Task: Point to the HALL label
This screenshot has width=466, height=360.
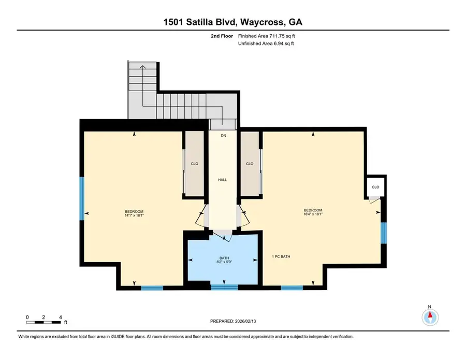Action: click(x=223, y=180)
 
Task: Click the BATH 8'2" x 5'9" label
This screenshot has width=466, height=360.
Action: click(x=224, y=260)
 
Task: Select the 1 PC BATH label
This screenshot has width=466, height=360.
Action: click(x=281, y=256)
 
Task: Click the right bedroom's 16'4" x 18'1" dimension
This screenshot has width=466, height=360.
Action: click(x=313, y=214)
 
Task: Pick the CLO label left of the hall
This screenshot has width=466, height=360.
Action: click(x=194, y=164)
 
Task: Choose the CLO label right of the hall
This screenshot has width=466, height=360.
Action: click(x=250, y=164)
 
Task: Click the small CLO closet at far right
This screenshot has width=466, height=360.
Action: click(x=375, y=187)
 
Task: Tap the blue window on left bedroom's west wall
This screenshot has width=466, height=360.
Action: click(x=81, y=198)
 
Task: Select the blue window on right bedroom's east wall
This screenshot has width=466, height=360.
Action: click(x=383, y=233)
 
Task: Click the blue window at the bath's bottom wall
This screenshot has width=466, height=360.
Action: click(x=224, y=286)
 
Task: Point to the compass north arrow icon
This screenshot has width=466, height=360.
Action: click(x=430, y=315)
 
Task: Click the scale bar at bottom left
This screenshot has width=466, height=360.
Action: click(x=44, y=322)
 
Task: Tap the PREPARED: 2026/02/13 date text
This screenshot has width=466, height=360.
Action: click(x=232, y=321)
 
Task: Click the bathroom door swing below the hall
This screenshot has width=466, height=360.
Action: click(x=224, y=236)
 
